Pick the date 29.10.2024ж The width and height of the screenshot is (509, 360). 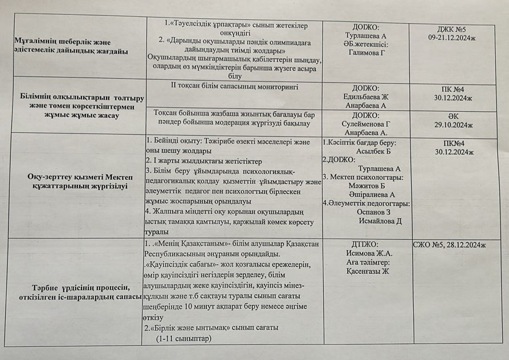(454, 124)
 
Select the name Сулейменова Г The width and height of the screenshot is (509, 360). (365, 124)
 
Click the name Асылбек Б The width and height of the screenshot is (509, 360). (373, 152)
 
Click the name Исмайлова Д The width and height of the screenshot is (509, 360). (380, 221)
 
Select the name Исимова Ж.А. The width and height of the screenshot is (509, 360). (369, 253)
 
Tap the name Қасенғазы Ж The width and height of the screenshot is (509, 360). (367, 272)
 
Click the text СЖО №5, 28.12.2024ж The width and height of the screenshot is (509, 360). (449, 245)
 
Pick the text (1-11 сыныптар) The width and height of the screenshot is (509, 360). (183, 338)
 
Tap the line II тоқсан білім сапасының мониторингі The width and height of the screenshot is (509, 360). (234, 87)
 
